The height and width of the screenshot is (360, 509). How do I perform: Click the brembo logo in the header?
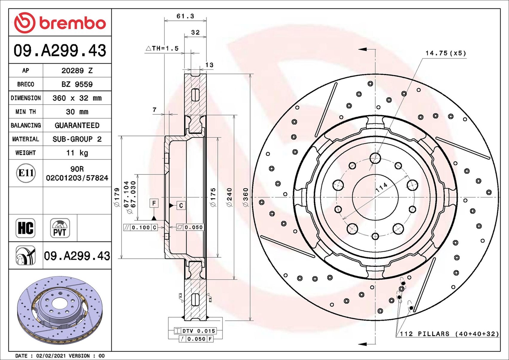[x=60, y=23]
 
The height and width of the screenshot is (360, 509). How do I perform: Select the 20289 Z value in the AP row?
[x=77, y=71]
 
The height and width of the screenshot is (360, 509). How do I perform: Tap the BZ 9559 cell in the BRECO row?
[x=77, y=84]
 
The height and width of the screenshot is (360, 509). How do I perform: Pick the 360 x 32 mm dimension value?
[x=77, y=98]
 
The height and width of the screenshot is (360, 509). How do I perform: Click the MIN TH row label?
[x=26, y=112]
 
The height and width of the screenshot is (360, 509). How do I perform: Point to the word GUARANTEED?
[x=77, y=125]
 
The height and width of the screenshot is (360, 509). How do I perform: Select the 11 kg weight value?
[x=77, y=153]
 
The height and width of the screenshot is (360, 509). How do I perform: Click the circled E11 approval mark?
[x=26, y=173]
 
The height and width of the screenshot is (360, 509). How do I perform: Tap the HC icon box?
[x=25, y=228]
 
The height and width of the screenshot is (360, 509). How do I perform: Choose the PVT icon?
[x=60, y=228]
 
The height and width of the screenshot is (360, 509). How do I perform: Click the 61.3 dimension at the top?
[x=185, y=16]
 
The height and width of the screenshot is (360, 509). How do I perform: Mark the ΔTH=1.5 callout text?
[x=162, y=48]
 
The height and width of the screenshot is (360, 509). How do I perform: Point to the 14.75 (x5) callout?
[x=446, y=53]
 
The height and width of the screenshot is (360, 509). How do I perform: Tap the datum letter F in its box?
[x=154, y=203]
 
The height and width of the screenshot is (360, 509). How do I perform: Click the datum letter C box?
[x=181, y=206]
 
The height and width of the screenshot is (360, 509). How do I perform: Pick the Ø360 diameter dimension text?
[x=246, y=197]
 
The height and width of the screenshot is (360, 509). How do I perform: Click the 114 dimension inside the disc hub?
[x=381, y=187]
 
